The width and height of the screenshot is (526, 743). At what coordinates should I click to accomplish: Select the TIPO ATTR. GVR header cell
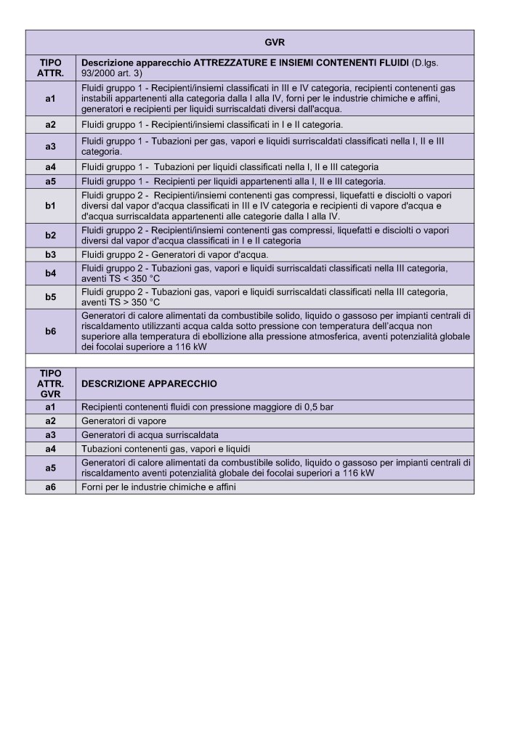(x=50, y=383)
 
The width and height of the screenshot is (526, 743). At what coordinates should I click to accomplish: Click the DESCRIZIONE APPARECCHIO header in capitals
(x=149, y=383)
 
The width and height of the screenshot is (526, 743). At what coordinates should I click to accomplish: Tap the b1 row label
(x=50, y=206)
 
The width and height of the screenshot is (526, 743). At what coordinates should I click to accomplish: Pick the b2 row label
(x=50, y=235)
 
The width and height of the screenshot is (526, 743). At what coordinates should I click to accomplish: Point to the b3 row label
(x=50, y=255)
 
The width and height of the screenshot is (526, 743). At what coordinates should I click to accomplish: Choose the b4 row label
(x=50, y=274)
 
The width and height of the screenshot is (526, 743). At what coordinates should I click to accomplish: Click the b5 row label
(x=50, y=297)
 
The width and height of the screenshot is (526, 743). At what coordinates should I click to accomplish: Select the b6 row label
(x=50, y=331)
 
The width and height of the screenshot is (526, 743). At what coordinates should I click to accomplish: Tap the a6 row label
(x=50, y=487)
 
